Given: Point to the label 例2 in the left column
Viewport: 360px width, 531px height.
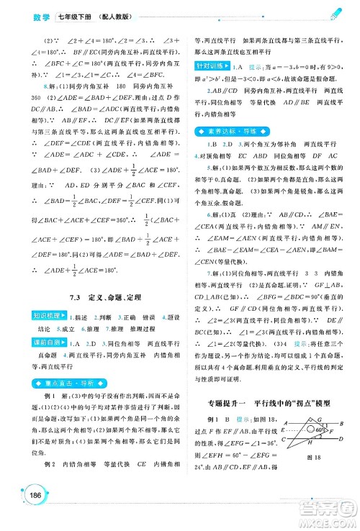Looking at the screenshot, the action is click(50, 482).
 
